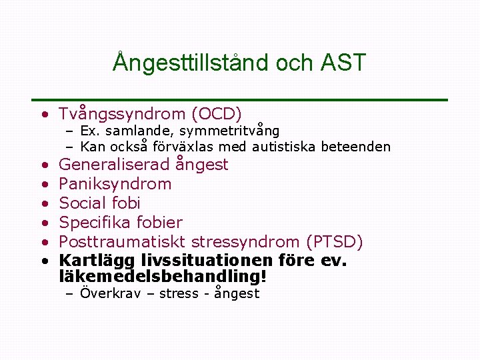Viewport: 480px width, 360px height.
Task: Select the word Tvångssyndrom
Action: [x=115, y=114]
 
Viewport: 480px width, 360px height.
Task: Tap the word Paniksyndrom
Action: [x=115, y=183]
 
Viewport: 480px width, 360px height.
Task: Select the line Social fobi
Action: [x=99, y=203]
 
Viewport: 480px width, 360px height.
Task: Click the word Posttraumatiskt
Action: [x=122, y=241]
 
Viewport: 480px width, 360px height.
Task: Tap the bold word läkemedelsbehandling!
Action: [x=163, y=275]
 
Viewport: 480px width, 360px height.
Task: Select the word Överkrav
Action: [x=110, y=293]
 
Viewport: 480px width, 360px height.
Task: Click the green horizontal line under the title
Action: [x=240, y=100]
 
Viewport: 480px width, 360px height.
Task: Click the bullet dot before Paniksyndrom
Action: [x=43, y=184]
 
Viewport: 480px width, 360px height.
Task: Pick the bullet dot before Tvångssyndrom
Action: [x=43, y=115]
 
